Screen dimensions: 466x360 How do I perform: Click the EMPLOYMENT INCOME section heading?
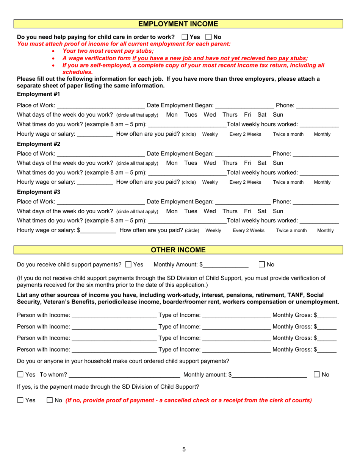pyautogui.click(x=178, y=24)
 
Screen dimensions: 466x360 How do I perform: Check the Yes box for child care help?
pyautogui.click(x=185, y=38)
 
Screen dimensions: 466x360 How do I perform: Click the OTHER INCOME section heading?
pyautogui.click(x=178, y=250)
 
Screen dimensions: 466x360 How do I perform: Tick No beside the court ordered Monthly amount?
pyautogui.click(x=317, y=375)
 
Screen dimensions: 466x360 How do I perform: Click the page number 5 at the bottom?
pyautogui.click(x=184, y=450)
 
